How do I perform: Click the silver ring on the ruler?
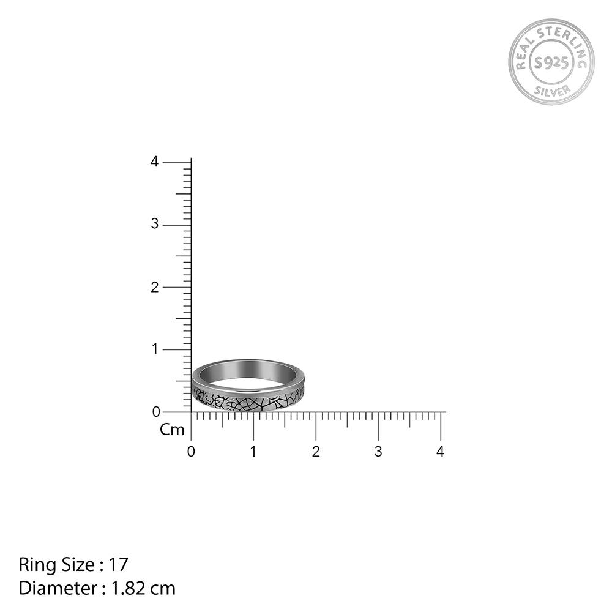248,386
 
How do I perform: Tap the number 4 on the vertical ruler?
154,162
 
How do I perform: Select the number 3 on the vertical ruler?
154,225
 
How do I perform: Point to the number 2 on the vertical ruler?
154,287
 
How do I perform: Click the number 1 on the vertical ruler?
154,349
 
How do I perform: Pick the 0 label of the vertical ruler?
154,412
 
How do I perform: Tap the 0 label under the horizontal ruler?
191,452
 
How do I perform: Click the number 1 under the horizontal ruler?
253,452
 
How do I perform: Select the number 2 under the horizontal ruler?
316,452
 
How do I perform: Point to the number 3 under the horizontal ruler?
378,452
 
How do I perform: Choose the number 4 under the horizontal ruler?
441,452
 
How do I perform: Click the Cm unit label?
172,430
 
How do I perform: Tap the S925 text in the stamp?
551,62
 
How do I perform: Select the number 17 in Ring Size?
119,564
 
